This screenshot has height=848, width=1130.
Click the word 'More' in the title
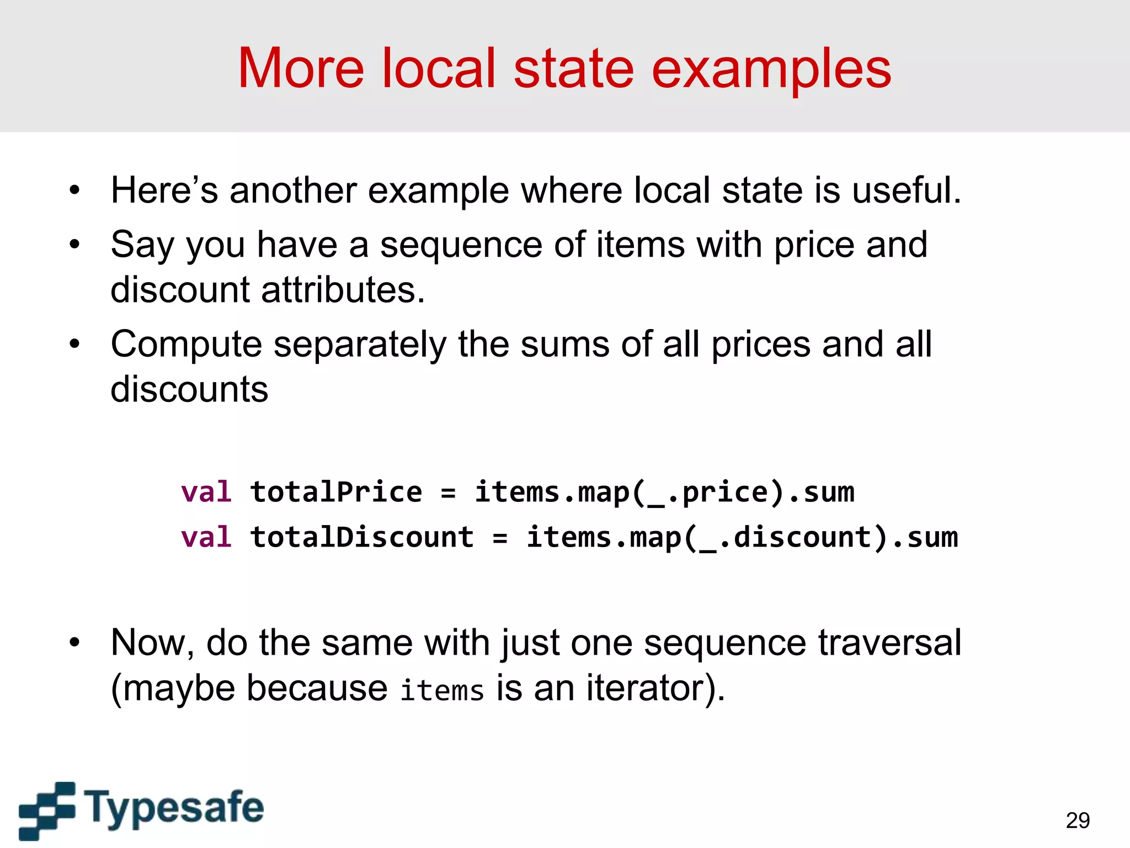click(301, 68)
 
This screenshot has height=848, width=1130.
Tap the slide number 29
click(1078, 820)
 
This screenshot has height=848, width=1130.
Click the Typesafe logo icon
click(47, 810)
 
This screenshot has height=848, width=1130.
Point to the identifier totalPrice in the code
click(336, 491)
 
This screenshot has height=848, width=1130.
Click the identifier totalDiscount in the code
click(362, 537)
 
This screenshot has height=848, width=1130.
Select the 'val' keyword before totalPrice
click(206, 491)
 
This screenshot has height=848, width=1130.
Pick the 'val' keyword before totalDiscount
click(206, 537)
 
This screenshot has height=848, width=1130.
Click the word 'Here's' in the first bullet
click(164, 190)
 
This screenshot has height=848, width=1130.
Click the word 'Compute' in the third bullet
click(186, 344)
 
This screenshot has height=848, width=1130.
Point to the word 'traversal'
click(889, 643)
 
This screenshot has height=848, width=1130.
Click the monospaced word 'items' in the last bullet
click(442, 690)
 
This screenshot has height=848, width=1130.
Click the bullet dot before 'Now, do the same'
click(75, 643)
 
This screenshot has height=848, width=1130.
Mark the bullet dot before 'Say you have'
click(75, 245)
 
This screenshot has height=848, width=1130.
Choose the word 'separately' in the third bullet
click(359, 344)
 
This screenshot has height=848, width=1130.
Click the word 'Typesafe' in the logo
click(174, 808)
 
